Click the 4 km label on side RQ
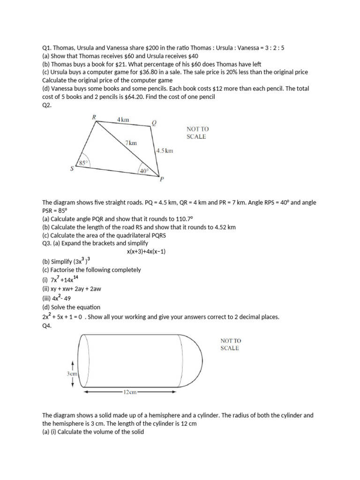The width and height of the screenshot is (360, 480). tap(123, 120)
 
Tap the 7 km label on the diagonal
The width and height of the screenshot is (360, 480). tap(131, 143)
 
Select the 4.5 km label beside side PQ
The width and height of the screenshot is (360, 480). tap(165, 151)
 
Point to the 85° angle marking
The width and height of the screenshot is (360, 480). tap(83, 163)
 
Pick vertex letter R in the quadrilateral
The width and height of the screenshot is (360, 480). tap(93, 117)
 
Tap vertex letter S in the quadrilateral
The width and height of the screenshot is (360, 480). tap(72, 169)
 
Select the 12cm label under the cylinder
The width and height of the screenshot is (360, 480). tap(129, 391)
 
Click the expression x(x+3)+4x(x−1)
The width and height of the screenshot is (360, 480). tap(146, 252)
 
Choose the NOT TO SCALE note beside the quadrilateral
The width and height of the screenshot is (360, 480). tap(196, 133)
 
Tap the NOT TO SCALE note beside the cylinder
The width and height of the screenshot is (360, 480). tap(230, 345)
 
